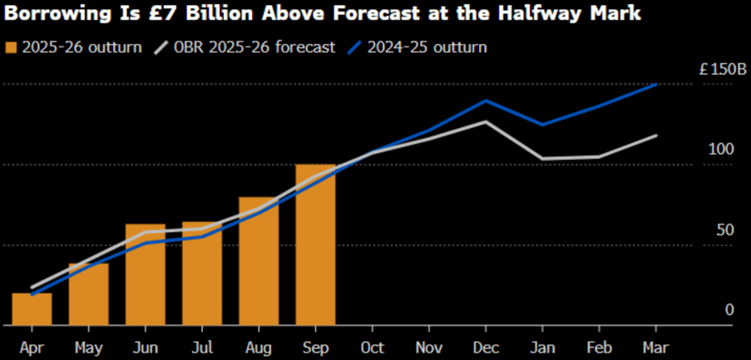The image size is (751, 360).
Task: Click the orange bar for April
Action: point(32,308)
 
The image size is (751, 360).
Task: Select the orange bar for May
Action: point(88,293)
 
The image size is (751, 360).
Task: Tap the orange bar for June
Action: point(145,274)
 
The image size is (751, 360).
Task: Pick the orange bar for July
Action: point(202,274)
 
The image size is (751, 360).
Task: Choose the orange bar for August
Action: point(259,261)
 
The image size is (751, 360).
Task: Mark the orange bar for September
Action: point(315,244)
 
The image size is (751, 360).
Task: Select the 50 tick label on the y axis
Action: point(724,229)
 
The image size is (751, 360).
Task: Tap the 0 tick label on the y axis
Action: point(729,310)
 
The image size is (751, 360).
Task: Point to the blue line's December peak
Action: point(486,101)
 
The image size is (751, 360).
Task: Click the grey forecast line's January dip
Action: point(542,158)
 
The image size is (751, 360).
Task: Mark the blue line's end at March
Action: point(656,85)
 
